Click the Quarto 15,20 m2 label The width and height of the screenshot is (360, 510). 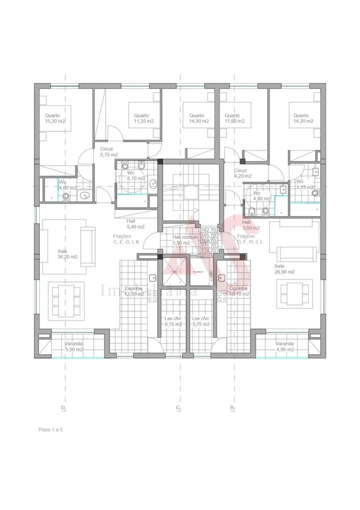pyautogui.click(x=55, y=118)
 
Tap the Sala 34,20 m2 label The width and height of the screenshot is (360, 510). pyautogui.click(x=67, y=254)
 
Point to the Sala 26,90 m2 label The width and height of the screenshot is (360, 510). pyautogui.click(x=284, y=269)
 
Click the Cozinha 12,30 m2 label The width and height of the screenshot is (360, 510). pyautogui.click(x=134, y=291)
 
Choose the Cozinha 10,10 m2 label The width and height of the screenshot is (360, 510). pyautogui.click(x=239, y=291)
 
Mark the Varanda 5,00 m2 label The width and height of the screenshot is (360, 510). pyautogui.click(x=74, y=346)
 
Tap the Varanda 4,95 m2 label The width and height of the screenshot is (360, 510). pyautogui.click(x=284, y=346)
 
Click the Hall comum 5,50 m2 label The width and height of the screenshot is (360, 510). pyautogui.click(x=185, y=240)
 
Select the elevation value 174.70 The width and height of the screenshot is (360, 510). pyautogui.click(x=209, y=250)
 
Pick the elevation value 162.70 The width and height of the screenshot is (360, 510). pyautogui.click(x=209, y=230)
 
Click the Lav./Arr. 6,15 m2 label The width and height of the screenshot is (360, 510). pyautogui.click(x=173, y=321)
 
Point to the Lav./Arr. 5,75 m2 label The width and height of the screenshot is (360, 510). pyautogui.click(x=201, y=321)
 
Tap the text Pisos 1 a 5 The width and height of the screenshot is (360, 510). pyautogui.click(x=51, y=430)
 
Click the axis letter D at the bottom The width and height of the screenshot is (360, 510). pyautogui.click(x=63, y=408)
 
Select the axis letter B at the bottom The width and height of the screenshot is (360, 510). pyautogui.click(x=232, y=408)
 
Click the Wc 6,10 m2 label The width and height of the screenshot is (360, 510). pyautogui.click(x=136, y=176)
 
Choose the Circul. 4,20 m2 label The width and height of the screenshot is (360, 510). pyautogui.click(x=243, y=173)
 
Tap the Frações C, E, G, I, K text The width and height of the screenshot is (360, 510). pyautogui.click(x=126, y=239)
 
